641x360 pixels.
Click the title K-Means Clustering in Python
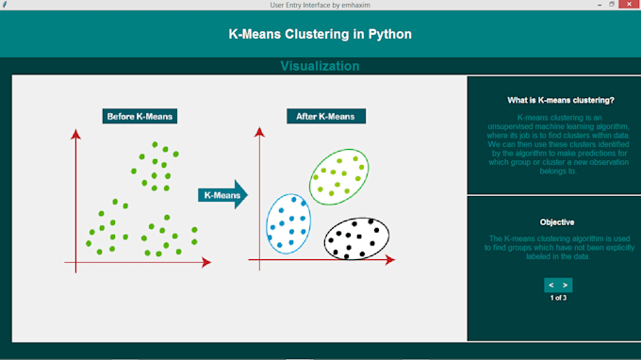[x=320, y=34]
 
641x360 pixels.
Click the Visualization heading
[x=320, y=66]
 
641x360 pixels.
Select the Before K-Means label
[x=140, y=117]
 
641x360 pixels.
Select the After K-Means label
[x=325, y=117]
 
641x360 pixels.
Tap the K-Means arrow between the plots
[x=222, y=196]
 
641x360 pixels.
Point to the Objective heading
[x=557, y=222]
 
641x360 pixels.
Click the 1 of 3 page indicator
[x=558, y=298]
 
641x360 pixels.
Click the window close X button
[x=630, y=5]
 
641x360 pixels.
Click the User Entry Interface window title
[x=320, y=5]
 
